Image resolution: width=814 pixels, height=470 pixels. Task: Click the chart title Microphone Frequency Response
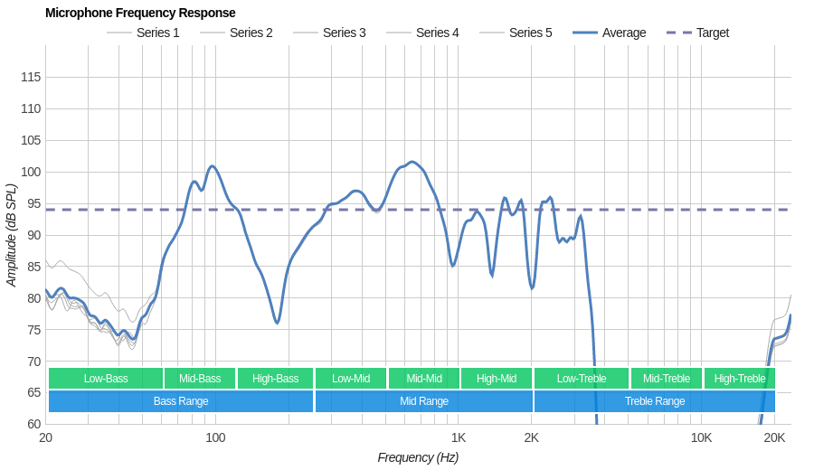[140, 13]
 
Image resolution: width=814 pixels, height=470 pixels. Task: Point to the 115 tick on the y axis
[31, 77]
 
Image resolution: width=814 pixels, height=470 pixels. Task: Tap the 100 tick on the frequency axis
[215, 437]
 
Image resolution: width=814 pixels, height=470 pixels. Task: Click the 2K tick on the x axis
[531, 437]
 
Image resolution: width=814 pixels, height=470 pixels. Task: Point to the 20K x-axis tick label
[774, 437]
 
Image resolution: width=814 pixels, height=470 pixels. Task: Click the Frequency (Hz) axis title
[418, 457]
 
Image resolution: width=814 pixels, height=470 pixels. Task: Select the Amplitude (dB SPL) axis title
[11, 235]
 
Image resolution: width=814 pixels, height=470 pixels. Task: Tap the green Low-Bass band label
[106, 379]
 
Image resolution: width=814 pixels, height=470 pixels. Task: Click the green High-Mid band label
[497, 379]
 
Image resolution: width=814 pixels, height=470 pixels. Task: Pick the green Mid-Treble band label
[667, 379]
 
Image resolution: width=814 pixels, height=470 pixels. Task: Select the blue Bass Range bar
[181, 401]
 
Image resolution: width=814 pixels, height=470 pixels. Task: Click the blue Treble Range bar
[655, 401]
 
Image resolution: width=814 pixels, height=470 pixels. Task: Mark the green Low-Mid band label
[351, 379]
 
